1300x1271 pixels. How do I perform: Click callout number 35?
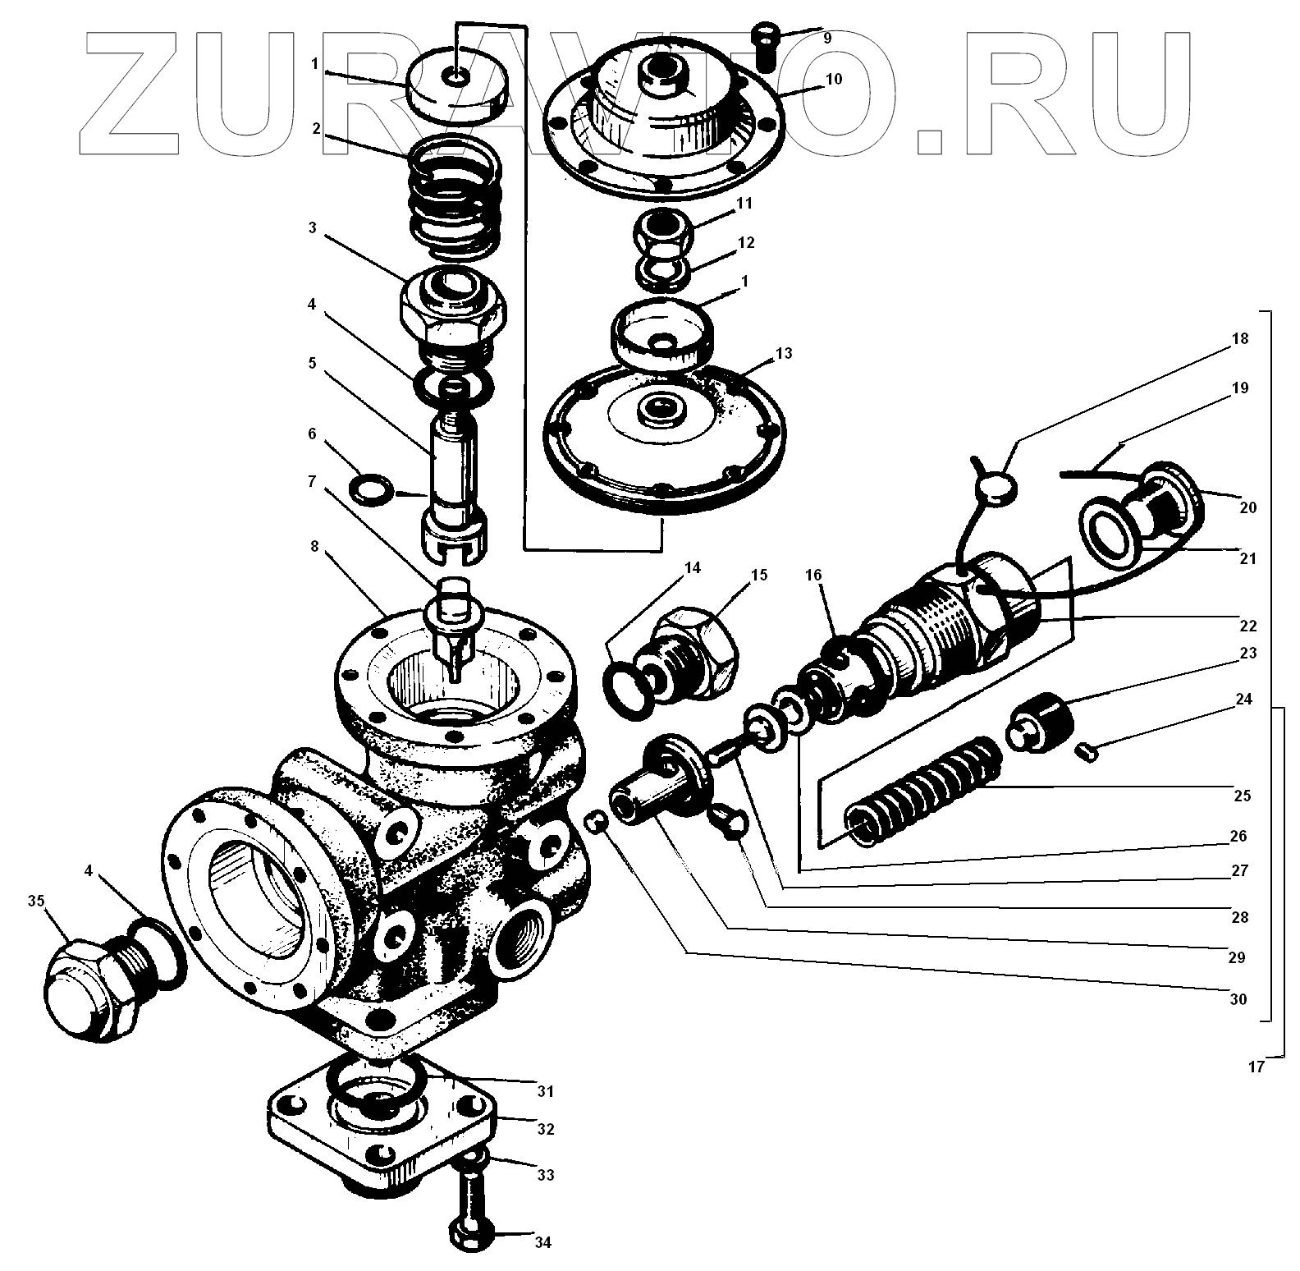[x=36, y=900]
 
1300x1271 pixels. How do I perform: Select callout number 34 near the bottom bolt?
[x=542, y=1242]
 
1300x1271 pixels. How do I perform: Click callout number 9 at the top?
[x=826, y=37]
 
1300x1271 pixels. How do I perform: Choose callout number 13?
[x=783, y=353]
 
